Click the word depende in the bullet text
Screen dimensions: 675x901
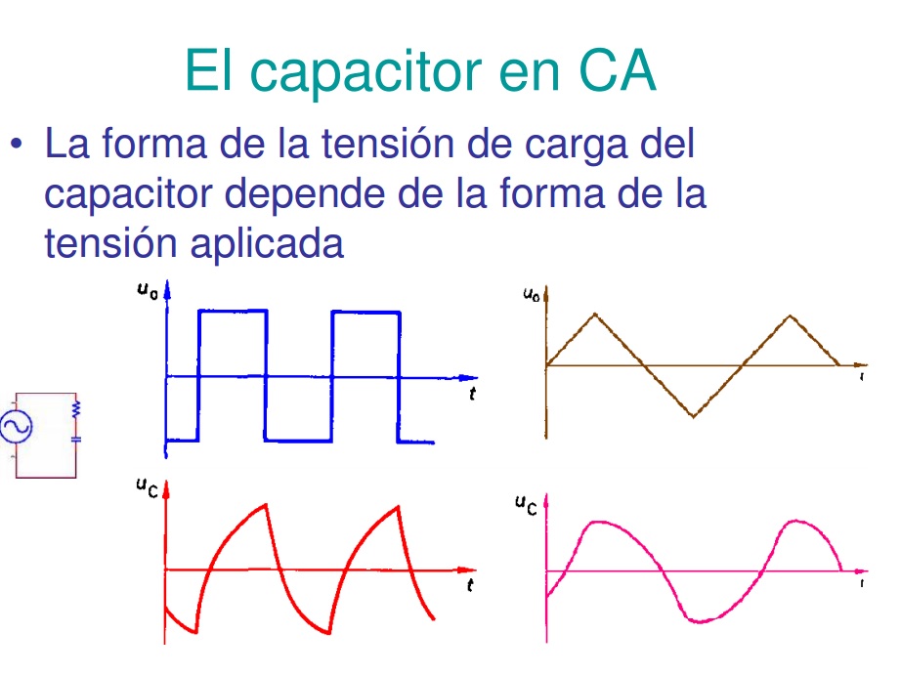pyautogui.click(x=357, y=193)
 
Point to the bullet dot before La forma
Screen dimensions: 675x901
pyautogui.click(x=17, y=146)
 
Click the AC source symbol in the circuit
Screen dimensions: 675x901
pyautogui.click(x=17, y=426)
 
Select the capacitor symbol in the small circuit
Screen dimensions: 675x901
pyautogui.click(x=75, y=439)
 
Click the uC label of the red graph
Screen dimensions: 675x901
pyautogui.click(x=148, y=486)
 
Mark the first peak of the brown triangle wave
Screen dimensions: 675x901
pyautogui.click(x=595, y=314)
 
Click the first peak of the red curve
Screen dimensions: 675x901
pyautogui.click(x=265, y=505)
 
